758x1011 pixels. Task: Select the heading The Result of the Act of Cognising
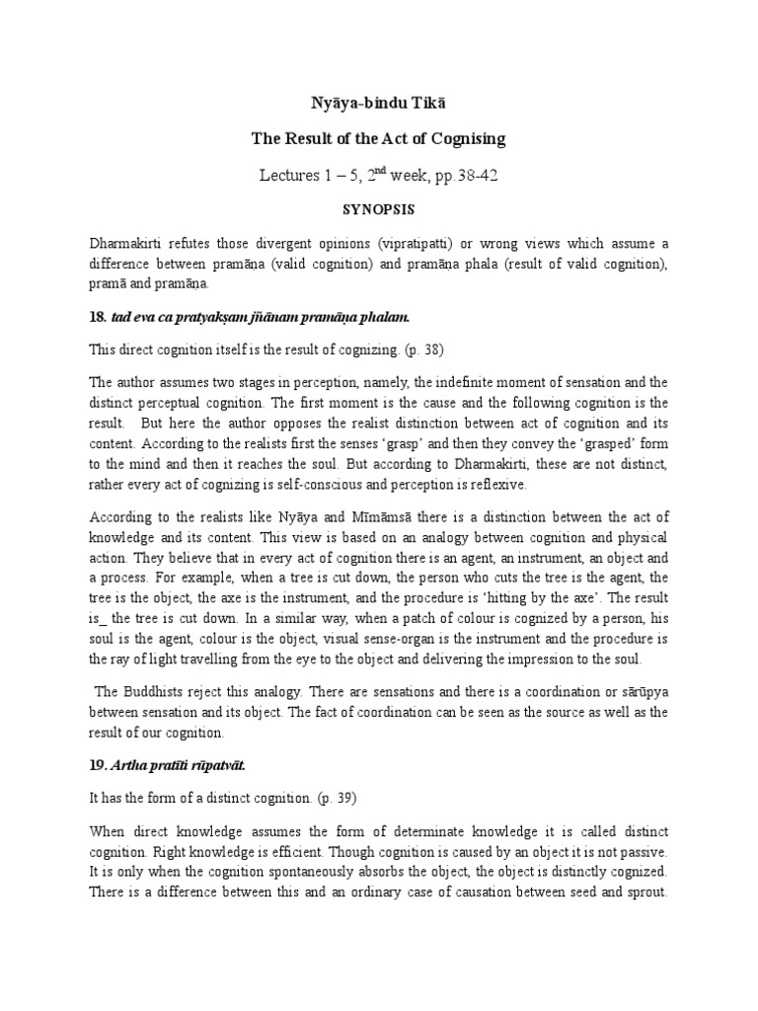point(378,139)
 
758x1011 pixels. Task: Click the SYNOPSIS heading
point(378,210)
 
